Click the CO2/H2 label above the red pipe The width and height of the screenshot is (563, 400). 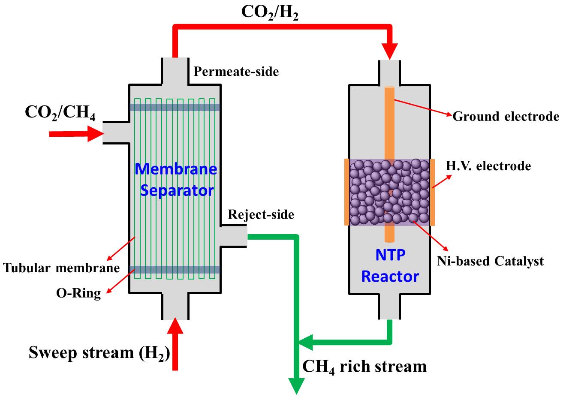tap(270, 12)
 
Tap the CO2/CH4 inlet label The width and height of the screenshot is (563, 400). tap(60, 113)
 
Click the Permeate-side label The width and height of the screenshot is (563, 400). tap(236, 71)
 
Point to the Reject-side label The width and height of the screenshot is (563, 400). tap(261, 214)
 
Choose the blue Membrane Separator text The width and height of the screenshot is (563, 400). tap(176, 179)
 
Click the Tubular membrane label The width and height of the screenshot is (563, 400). tap(61, 268)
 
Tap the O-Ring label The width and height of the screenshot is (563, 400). tap(78, 293)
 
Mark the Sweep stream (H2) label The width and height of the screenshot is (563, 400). tap(99, 353)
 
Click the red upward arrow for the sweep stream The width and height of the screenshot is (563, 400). tap(175, 343)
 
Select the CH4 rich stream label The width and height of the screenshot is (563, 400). tap(364, 367)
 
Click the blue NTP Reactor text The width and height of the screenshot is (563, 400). tap(390, 266)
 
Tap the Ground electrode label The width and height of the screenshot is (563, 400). tap(506, 117)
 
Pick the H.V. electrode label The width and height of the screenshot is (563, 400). tap(488, 166)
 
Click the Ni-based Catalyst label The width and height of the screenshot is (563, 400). tap(490, 261)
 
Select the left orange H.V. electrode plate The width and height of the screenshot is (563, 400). tap(346, 192)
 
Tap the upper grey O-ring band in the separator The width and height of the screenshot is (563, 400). tap(175, 107)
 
